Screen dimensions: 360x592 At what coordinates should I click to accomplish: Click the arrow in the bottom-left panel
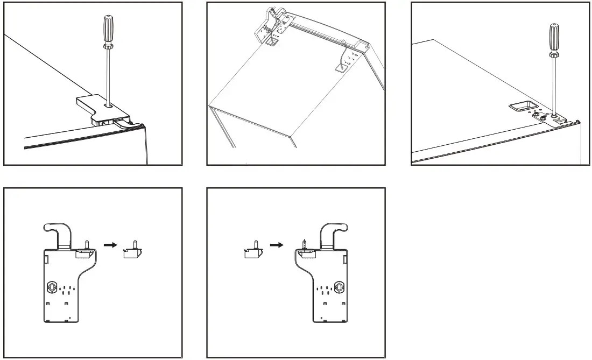pos(110,244)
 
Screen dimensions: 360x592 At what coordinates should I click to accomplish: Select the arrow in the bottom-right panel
pos(276,244)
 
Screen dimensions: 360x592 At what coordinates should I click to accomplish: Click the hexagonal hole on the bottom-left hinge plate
pos(52,287)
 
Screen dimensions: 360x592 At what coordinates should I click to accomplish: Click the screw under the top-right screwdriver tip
pos(554,115)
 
